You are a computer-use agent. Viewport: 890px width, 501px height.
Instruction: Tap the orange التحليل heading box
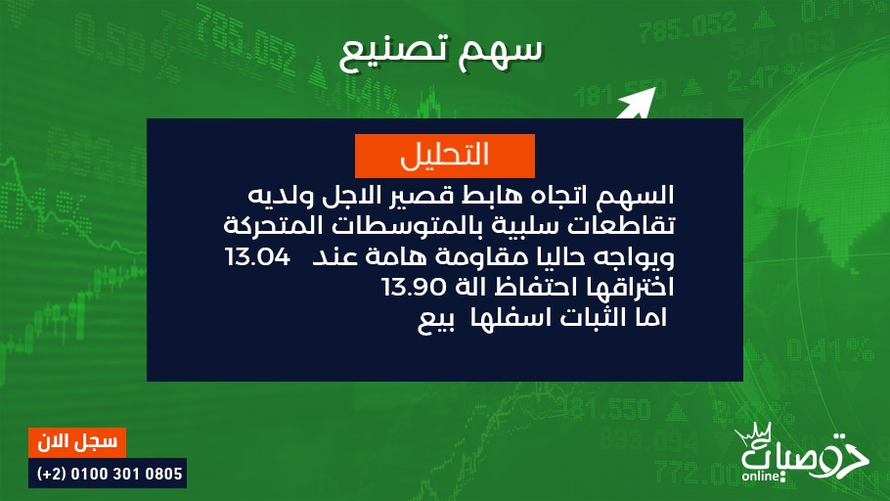click(x=444, y=156)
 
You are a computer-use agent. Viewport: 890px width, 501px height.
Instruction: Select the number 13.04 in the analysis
click(x=257, y=256)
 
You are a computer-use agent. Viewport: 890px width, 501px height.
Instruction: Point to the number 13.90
click(x=414, y=288)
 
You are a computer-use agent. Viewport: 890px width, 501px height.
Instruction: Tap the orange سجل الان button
click(x=77, y=442)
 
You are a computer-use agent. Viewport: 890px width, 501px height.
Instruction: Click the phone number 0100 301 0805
click(x=126, y=474)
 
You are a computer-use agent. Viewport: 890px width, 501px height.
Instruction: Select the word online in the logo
click(x=761, y=476)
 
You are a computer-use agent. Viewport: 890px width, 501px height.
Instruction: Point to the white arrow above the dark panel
click(x=637, y=104)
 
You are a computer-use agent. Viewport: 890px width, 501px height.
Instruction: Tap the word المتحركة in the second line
click(x=261, y=225)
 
